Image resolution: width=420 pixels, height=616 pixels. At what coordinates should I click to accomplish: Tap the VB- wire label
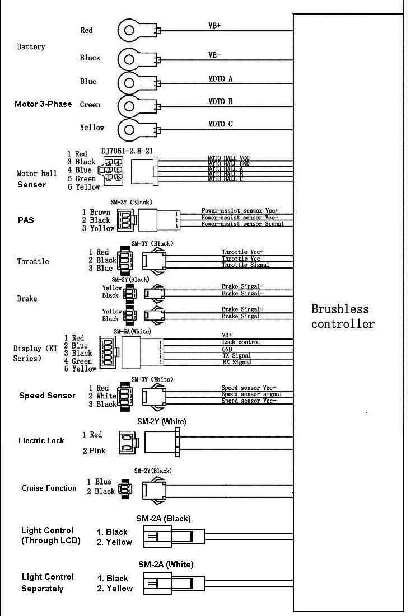tap(214, 55)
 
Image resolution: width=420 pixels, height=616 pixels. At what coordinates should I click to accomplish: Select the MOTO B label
tap(220, 101)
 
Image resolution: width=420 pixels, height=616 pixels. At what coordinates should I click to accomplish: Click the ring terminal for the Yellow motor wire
tap(129, 130)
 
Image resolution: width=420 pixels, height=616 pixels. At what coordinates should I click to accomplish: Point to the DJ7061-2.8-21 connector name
tap(127, 151)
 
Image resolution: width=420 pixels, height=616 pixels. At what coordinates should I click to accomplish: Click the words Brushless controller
tap(343, 316)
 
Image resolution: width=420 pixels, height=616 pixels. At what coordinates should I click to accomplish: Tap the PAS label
tap(25, 220)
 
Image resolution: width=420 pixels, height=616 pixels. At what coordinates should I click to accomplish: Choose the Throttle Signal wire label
tap(245, 265)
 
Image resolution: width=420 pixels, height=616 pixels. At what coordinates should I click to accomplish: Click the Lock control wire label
tap(241, 342)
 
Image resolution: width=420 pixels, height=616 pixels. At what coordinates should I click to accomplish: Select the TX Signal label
tap(236, 355)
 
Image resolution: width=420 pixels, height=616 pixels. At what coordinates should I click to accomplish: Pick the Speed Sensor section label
tap(47, 396)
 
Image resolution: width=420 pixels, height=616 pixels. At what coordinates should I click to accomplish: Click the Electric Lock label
tap(41, 441)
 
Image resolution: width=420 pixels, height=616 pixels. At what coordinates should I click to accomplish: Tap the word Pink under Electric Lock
tap(97, 450)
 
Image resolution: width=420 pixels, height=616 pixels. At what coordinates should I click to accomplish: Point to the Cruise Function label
tap(49, 488)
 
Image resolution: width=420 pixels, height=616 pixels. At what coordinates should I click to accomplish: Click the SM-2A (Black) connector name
tap(164, 519)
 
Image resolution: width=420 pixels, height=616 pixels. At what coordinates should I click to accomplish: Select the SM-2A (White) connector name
tap(165, 565)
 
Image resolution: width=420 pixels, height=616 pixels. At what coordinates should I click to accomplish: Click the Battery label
tap(31, 47)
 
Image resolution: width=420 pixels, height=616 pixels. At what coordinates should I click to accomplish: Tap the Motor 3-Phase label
tap(43, 104)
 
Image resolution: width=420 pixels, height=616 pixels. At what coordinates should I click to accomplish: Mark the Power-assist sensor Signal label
tap(242, 224)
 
